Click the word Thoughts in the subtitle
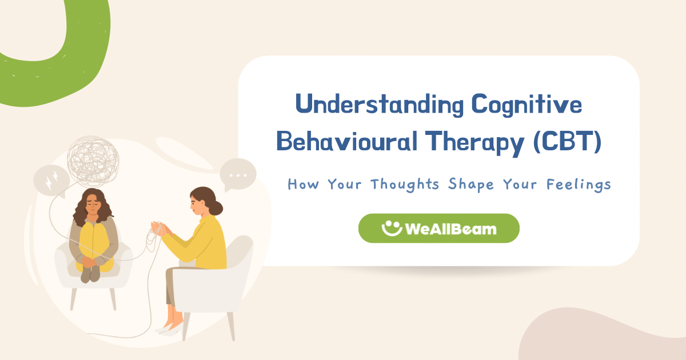(x=405, y=185)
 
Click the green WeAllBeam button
(x=438, y=229)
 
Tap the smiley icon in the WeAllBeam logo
(x=392, y=228)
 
